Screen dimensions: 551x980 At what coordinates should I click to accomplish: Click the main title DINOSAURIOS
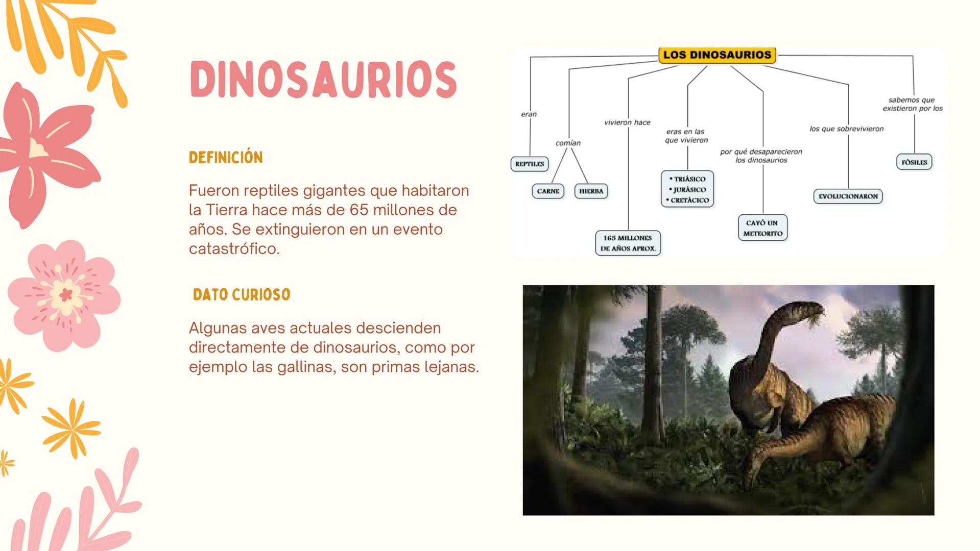point(323,80)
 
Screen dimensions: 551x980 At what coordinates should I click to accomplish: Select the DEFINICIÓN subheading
point(226,158)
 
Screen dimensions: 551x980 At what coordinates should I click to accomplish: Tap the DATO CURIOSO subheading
point(242,295)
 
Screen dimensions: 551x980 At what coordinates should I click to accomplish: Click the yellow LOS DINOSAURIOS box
point(717,55)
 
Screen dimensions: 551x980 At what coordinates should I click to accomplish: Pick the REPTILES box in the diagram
point(530,164)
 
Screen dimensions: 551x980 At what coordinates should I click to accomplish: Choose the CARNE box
point(548,191)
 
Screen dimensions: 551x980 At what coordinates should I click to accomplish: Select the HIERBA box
point(591,191)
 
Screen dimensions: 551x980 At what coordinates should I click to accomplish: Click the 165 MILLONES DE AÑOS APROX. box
point(628,243)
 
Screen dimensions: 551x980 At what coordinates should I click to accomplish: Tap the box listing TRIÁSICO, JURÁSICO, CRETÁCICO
point(687,189)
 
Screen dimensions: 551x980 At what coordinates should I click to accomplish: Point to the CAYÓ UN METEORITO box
point(762,228)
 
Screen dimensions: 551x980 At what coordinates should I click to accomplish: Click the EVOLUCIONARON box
point(848,196)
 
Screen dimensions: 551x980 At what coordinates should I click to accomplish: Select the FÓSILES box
point(914,162)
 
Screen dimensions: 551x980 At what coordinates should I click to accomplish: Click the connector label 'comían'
point(568,143)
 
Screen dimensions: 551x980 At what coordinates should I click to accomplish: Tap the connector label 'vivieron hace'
point(627,123)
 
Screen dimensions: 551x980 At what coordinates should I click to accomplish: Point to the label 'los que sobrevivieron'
point(846,129)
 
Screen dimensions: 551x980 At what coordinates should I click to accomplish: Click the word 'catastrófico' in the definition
point(234,248)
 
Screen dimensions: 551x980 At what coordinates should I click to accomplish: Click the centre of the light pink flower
point(66,295)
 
